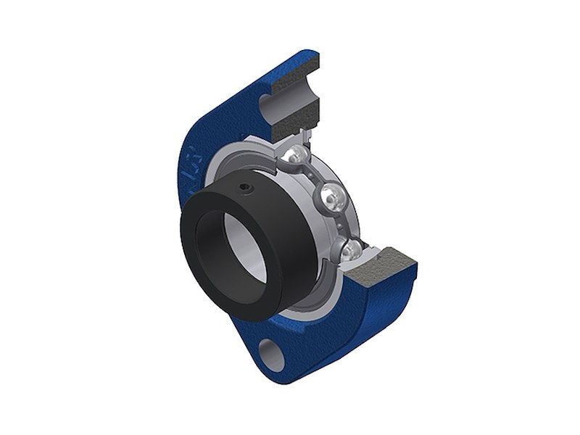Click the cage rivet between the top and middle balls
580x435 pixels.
click(313, 175)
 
